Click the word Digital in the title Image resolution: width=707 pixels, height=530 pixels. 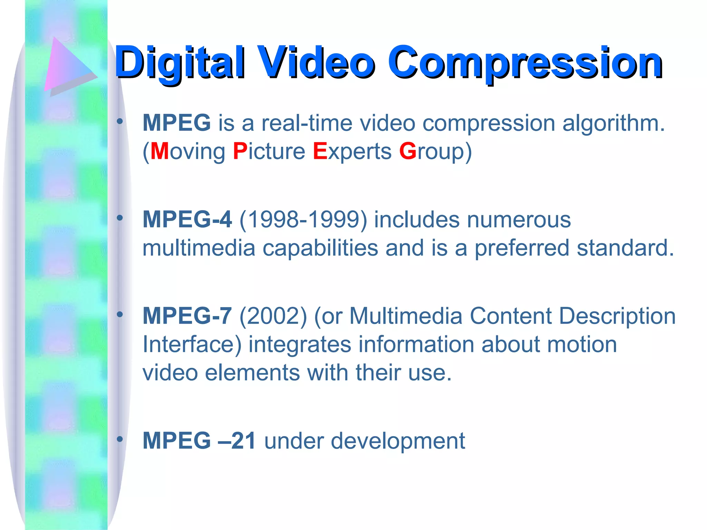(x=180, y=63)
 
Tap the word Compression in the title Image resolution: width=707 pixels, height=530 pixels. (x=525, y=63)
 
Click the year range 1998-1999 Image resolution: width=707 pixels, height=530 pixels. (x=303, y=219)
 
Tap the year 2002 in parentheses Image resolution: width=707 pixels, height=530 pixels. (x=273, y=316)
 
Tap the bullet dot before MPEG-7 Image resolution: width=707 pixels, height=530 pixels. (x=120, y=314)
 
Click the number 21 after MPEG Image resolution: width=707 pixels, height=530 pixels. (x=243, y=441)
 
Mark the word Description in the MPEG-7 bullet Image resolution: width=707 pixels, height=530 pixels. (x=617, y=316)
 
